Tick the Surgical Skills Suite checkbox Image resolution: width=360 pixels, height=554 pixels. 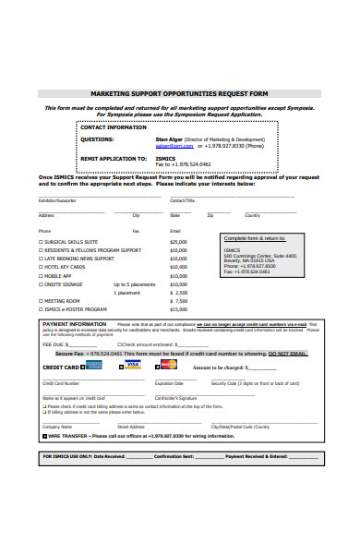41,241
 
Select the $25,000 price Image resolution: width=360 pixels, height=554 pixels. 178,241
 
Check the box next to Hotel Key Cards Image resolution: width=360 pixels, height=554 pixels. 41,267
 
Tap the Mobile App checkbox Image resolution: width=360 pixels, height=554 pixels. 41,275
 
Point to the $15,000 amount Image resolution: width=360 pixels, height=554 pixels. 178,309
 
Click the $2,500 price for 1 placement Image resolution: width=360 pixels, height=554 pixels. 179,293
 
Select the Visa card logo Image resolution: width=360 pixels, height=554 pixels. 132,366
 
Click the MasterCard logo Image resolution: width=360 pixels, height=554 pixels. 168,366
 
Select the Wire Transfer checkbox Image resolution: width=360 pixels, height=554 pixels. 41,436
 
